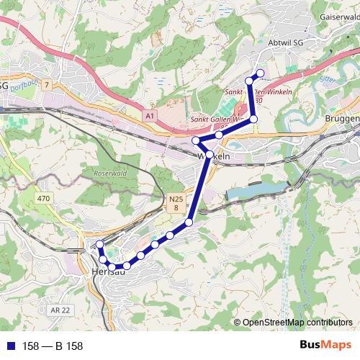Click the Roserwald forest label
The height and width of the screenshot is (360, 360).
click(109, 174)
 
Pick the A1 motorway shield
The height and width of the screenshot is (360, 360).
click(149, 114)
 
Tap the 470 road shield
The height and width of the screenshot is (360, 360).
click(43, 197)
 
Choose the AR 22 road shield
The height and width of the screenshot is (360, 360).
click(63, 310)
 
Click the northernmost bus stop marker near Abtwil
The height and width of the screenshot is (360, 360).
click(260, 73)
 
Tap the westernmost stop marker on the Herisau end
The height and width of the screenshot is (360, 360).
click(100, 245)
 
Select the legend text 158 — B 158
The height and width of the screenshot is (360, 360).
click(53, 346)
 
